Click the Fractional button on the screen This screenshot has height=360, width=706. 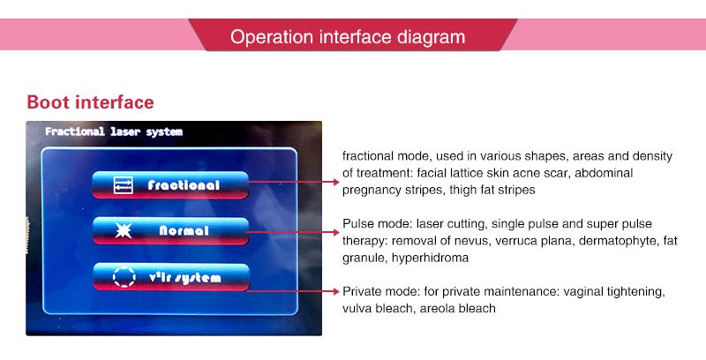tap(170, 185)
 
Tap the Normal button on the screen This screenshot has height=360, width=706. tap(170, 231)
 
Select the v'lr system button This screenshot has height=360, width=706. tap(171, 277)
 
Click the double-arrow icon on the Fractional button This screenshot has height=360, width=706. tap(124, 185)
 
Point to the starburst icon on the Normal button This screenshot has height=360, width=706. tap(124, 231)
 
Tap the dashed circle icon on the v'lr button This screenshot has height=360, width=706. tap(124, 277)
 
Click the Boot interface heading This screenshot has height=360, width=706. tap(91, 102)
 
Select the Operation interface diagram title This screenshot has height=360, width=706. tap(348, 37)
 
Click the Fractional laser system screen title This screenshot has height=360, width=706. tap(114, 131)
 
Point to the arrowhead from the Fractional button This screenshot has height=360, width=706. tap(336, 182)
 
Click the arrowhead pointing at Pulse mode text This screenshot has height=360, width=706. tap(336, 232)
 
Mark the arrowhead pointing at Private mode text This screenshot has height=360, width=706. tap(336, 291)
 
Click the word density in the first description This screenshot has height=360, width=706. tap(652, 156)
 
